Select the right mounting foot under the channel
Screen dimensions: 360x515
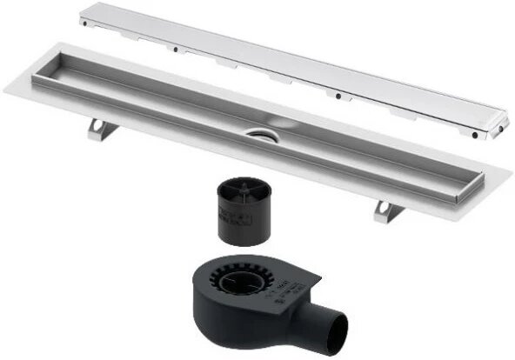[x=386, y=210]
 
